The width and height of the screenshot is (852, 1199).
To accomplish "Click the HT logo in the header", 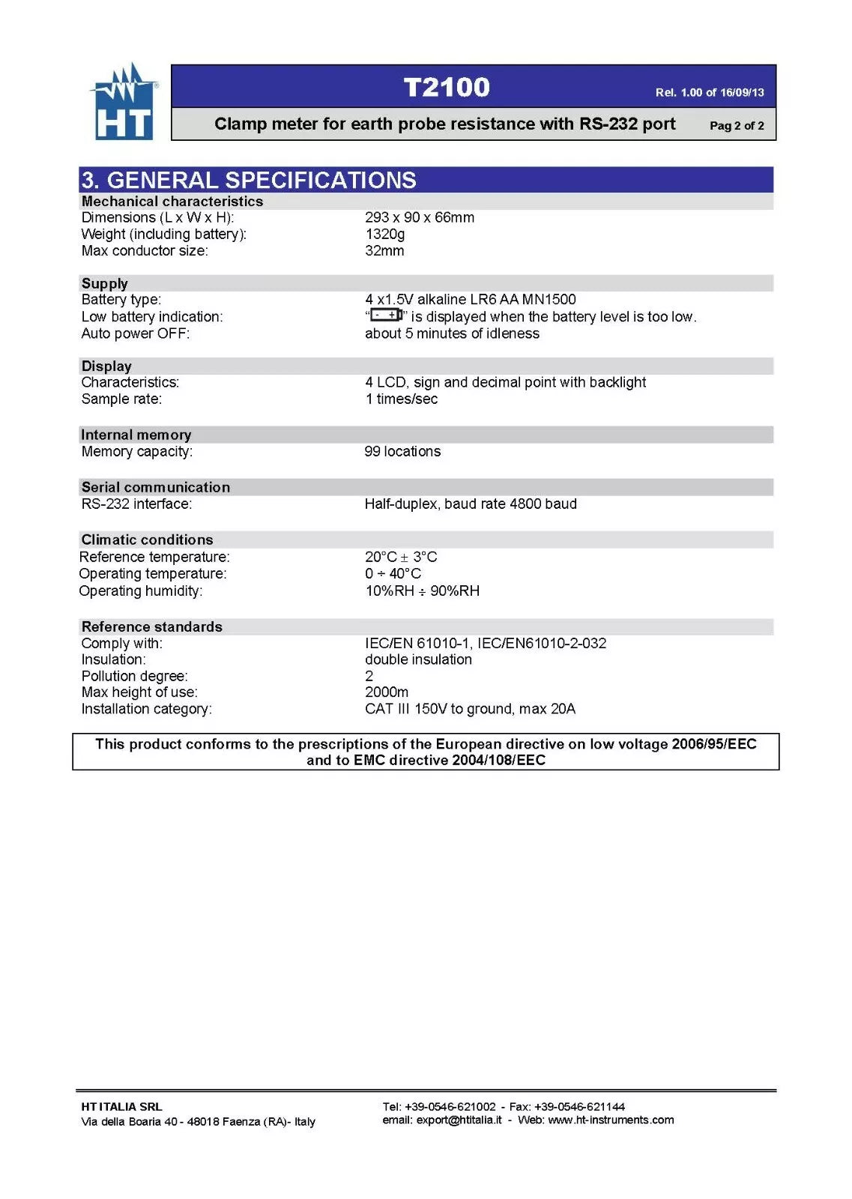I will pyautogui.click(x=124, y=103).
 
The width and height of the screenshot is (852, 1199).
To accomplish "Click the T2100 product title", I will pyautogui.click(x=447, y=87).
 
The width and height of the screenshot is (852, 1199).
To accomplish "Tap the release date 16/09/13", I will pyautogui.click(x=742, y=93).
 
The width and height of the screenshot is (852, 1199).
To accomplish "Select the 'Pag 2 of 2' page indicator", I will pyautogui.click(x=737, y=126).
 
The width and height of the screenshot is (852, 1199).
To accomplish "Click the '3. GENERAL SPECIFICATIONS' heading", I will pyautogui.click(x=249, y=180).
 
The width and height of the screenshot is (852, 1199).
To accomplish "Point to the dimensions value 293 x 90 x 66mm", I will pyautogui.click(x=419, y=217).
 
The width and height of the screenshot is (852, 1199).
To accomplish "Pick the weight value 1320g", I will pyautogui.click(x=384, y=234).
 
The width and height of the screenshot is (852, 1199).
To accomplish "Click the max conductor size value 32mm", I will pyautogui.click(x=384, y=250).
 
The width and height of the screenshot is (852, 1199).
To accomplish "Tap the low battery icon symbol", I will pyautogui.click(x=387, y=315).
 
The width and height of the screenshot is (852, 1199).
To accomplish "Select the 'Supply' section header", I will pyautogui.click(x=105, y=283).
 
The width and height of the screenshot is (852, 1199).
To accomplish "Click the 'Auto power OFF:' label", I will pyautogui.click(x=136, y=333).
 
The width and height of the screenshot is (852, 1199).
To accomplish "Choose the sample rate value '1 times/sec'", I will pyautogui.click(x=401, y=399).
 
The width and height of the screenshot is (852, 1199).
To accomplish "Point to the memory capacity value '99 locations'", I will pyautogui.click(x=402, y=451).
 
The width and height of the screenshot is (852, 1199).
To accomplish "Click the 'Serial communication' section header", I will pyautogui.click(x=156, y=487).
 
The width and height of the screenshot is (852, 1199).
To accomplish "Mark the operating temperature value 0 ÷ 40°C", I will pyautogui.click(x=393, y=573).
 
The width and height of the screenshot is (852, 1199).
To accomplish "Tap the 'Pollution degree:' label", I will pyautogui.click(x=135, y=676).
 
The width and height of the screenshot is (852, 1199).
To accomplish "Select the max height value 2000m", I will pyautogui.click(x=386, y=692).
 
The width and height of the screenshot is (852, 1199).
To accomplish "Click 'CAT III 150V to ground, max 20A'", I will pyautogui.click(x=470, y=709).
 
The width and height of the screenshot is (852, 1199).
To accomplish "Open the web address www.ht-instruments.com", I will pyautogui.click(x=611, y=1120).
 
